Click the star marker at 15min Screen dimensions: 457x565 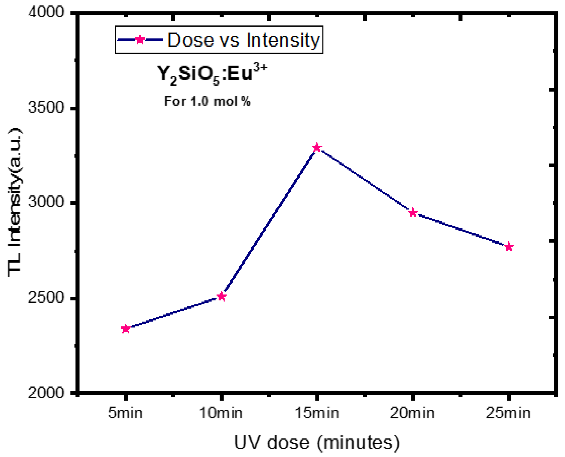click(317, 147)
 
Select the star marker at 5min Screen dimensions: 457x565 click(126, 329)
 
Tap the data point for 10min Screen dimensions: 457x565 click(222, 297)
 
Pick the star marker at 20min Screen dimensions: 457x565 click(413, 212)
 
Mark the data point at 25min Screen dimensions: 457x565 click(509, 247)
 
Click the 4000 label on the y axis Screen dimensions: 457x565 click(46, 12)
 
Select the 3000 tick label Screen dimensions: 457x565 click(46, 203)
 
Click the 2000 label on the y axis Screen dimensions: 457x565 click(46, 393)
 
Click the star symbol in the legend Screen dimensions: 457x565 click(140, 40)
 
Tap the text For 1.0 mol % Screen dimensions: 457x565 click(207, 101)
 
